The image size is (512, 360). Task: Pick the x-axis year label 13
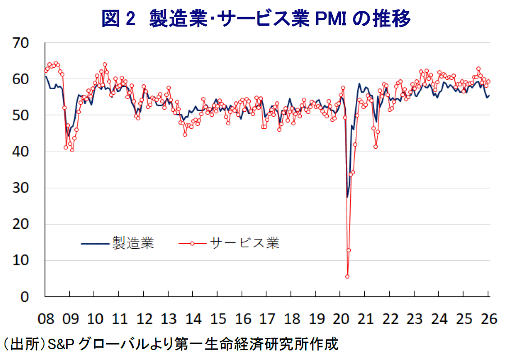(169, 319)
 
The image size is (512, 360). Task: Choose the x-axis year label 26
(488, 319)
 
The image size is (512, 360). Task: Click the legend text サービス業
(244, 243)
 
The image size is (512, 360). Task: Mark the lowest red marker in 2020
(347, 277)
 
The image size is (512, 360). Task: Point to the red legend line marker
(192, 243)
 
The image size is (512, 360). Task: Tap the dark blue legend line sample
(95, 243)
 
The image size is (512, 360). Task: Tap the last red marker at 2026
(488, 82)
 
